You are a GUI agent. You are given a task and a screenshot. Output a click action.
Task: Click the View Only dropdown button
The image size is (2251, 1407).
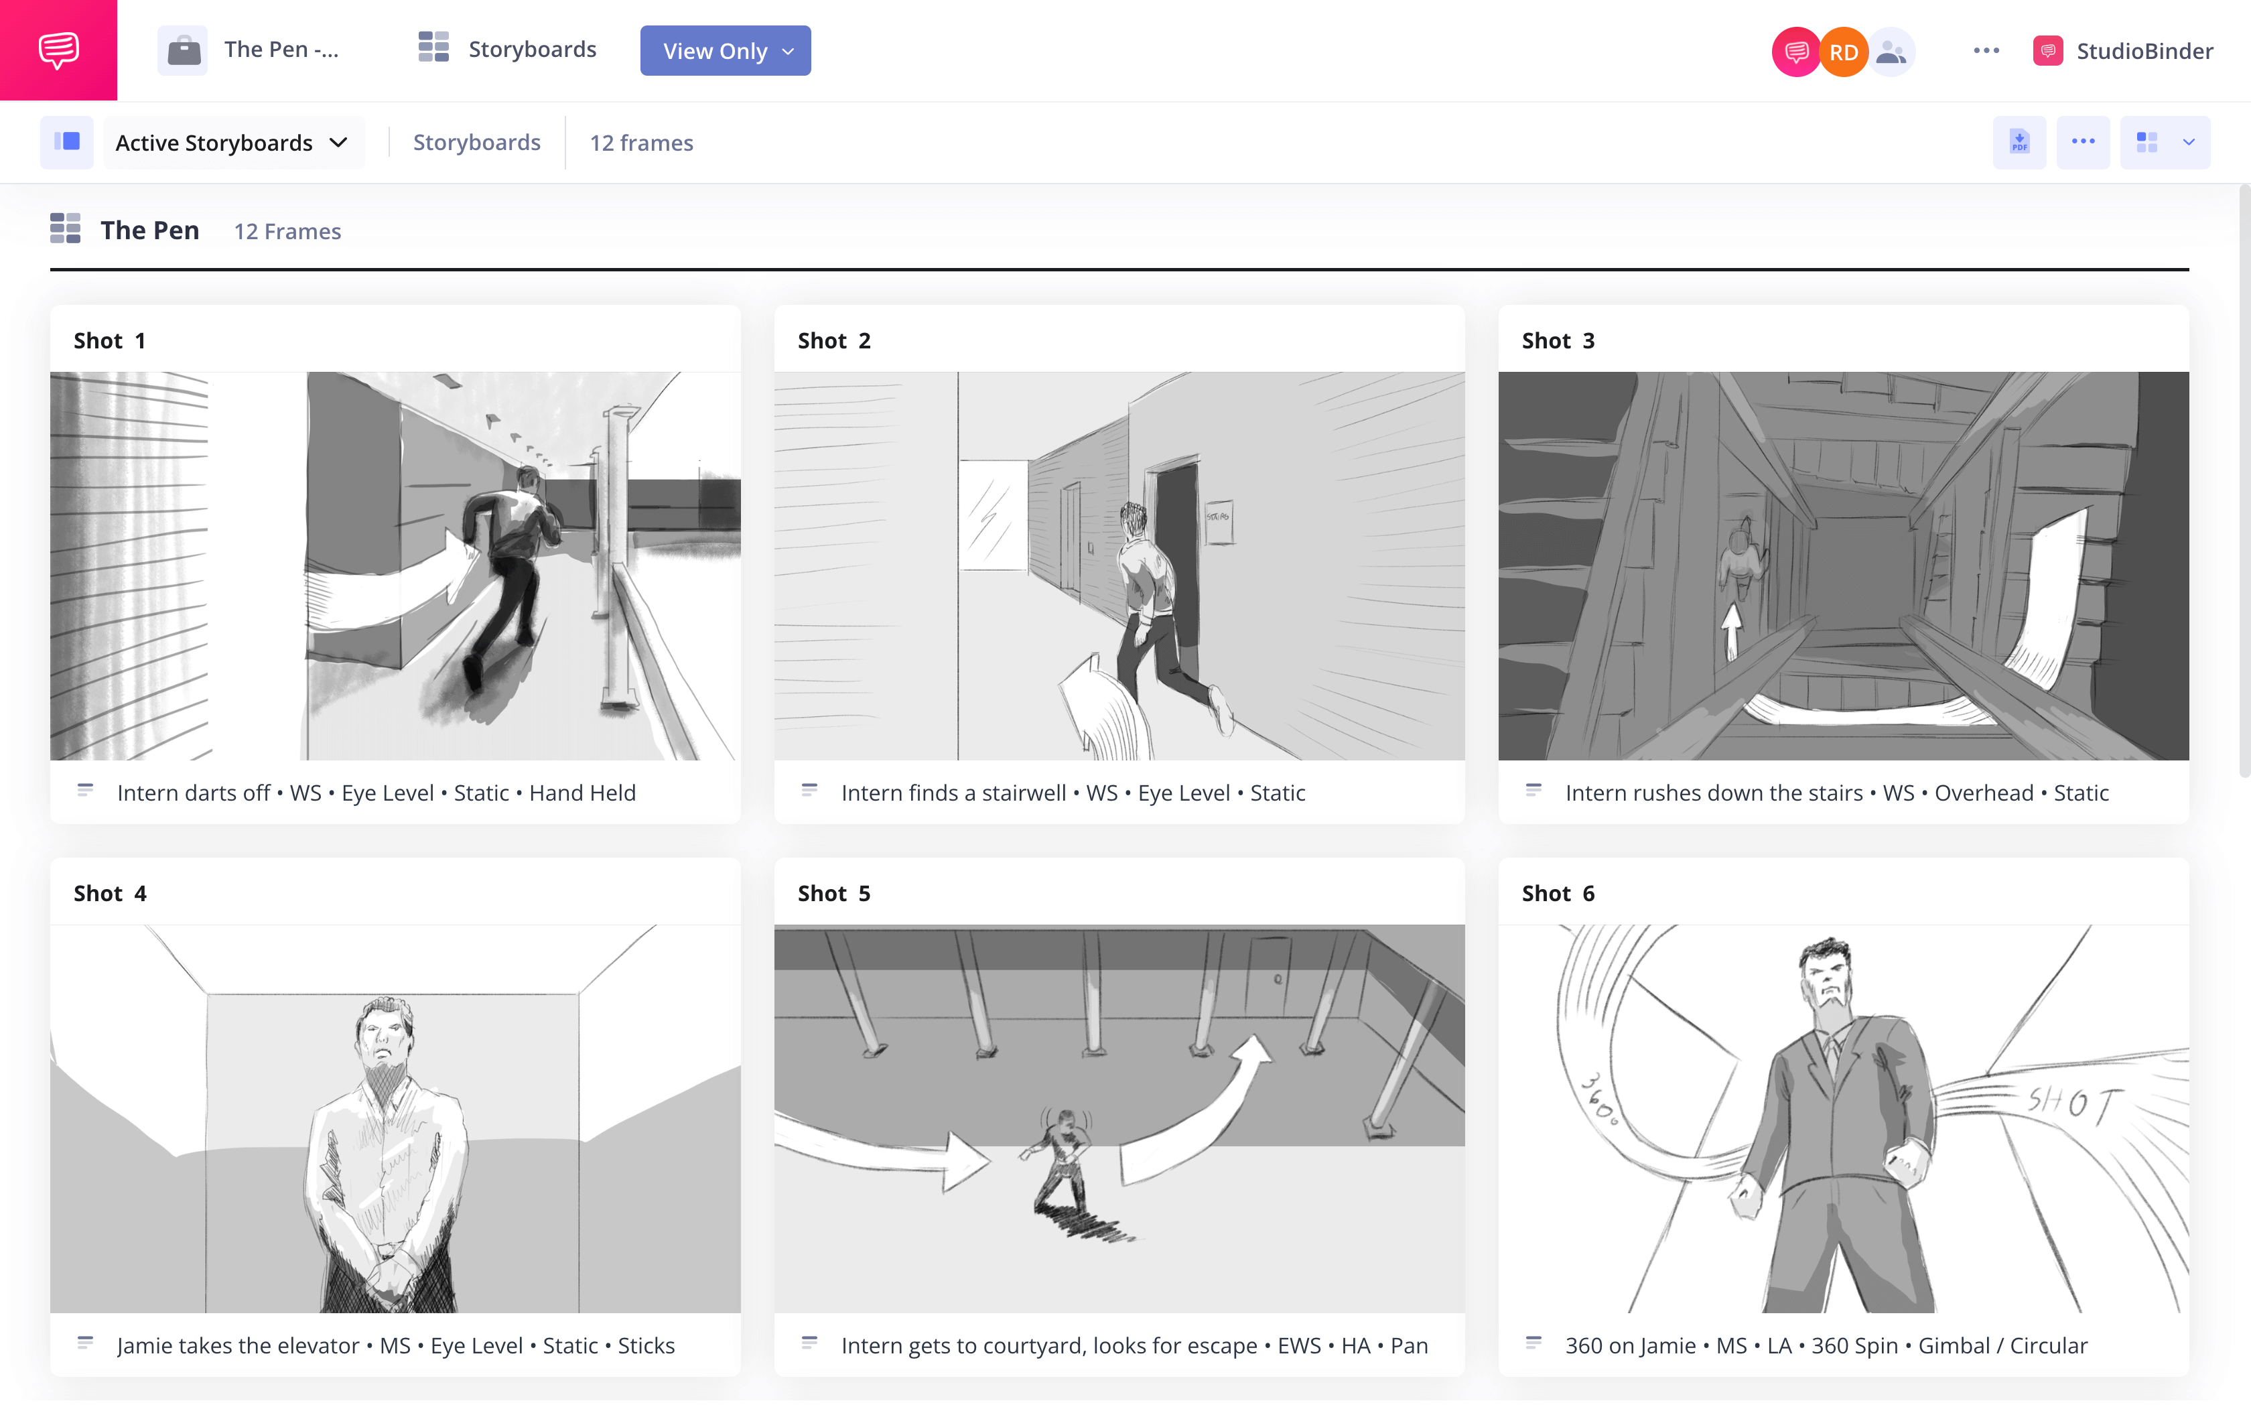point(725,51)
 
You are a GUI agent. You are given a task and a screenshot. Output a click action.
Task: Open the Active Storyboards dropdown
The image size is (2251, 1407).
point(232,142)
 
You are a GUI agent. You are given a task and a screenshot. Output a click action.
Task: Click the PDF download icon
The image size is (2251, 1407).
point(2019,142)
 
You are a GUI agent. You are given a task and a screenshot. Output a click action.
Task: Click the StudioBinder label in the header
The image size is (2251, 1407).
point(2143,51)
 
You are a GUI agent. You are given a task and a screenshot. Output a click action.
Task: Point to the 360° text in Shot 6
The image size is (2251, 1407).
point(1600,1098)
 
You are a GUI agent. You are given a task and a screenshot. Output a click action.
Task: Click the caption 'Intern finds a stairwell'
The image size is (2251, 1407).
point(953,793)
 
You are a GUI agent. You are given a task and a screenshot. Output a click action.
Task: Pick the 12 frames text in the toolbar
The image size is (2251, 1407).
point(641,142)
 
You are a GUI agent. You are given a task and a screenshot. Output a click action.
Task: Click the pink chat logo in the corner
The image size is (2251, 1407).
point(58,50)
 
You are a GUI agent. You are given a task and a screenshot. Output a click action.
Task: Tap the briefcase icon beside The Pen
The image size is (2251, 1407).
point(184,50)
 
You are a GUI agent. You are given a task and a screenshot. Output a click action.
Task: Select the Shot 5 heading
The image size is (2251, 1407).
point(833,893)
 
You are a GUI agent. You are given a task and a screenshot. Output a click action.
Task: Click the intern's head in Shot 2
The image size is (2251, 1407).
point(1134,519)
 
